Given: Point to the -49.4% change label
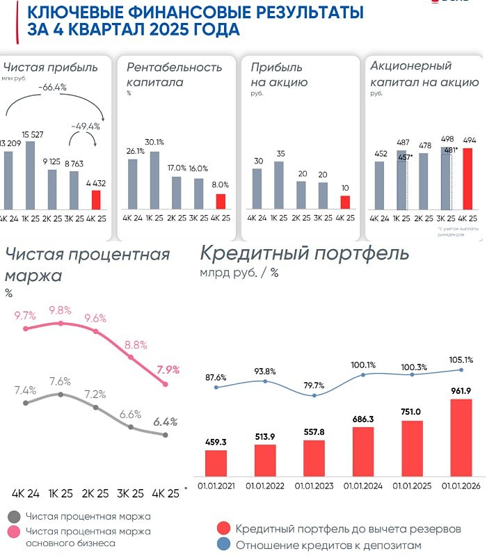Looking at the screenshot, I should pos(86,127).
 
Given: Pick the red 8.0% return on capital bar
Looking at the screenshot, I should pos(220,201).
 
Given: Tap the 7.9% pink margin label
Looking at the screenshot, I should pos(168,369).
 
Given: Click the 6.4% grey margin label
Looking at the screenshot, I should pos(166,422).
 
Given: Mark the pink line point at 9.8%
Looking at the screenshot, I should pos(61,324).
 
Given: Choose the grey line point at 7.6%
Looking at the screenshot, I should pos(61,394).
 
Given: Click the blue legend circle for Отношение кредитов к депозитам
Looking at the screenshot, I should pos(223,545).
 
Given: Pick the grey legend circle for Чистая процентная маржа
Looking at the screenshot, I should pos(13,517).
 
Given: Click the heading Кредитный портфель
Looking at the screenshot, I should pos(304,253).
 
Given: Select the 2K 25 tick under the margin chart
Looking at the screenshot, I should pos(96,493).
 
